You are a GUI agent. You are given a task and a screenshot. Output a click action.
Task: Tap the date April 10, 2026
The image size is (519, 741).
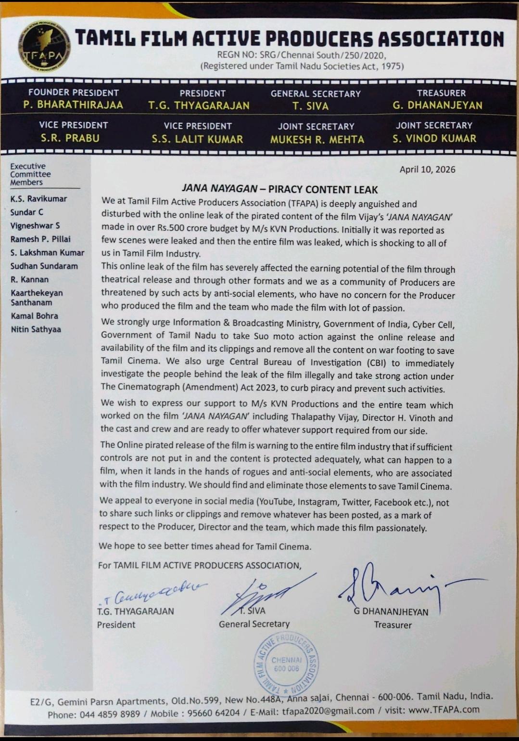point(427,169)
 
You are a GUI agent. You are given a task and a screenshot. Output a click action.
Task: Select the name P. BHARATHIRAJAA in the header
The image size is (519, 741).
point(73,105)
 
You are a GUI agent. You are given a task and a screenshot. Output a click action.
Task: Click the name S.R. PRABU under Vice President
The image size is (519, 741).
point(70,138)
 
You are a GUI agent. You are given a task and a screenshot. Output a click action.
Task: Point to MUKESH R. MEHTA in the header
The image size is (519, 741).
point(317,140)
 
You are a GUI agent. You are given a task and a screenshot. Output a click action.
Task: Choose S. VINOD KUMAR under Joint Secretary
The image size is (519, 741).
point(434,139)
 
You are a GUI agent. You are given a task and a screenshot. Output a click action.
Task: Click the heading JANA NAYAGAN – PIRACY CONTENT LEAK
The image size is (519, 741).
point(279,190)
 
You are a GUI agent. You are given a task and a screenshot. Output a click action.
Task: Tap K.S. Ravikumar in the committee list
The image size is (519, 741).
point(38,199)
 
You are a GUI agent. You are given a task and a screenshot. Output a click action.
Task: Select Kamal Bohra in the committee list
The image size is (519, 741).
point(34,316)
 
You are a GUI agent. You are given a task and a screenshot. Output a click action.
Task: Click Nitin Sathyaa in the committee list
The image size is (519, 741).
point(36,329)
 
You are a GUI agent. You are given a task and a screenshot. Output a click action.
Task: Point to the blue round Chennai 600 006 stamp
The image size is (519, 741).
point(286,664)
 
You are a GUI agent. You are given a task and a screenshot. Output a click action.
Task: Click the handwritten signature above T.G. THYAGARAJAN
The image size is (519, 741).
point(154,594)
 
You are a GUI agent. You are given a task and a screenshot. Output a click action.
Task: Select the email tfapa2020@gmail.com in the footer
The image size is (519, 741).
point(328,711)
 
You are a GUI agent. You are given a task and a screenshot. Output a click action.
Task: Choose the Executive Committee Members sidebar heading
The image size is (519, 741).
point(30,174)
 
